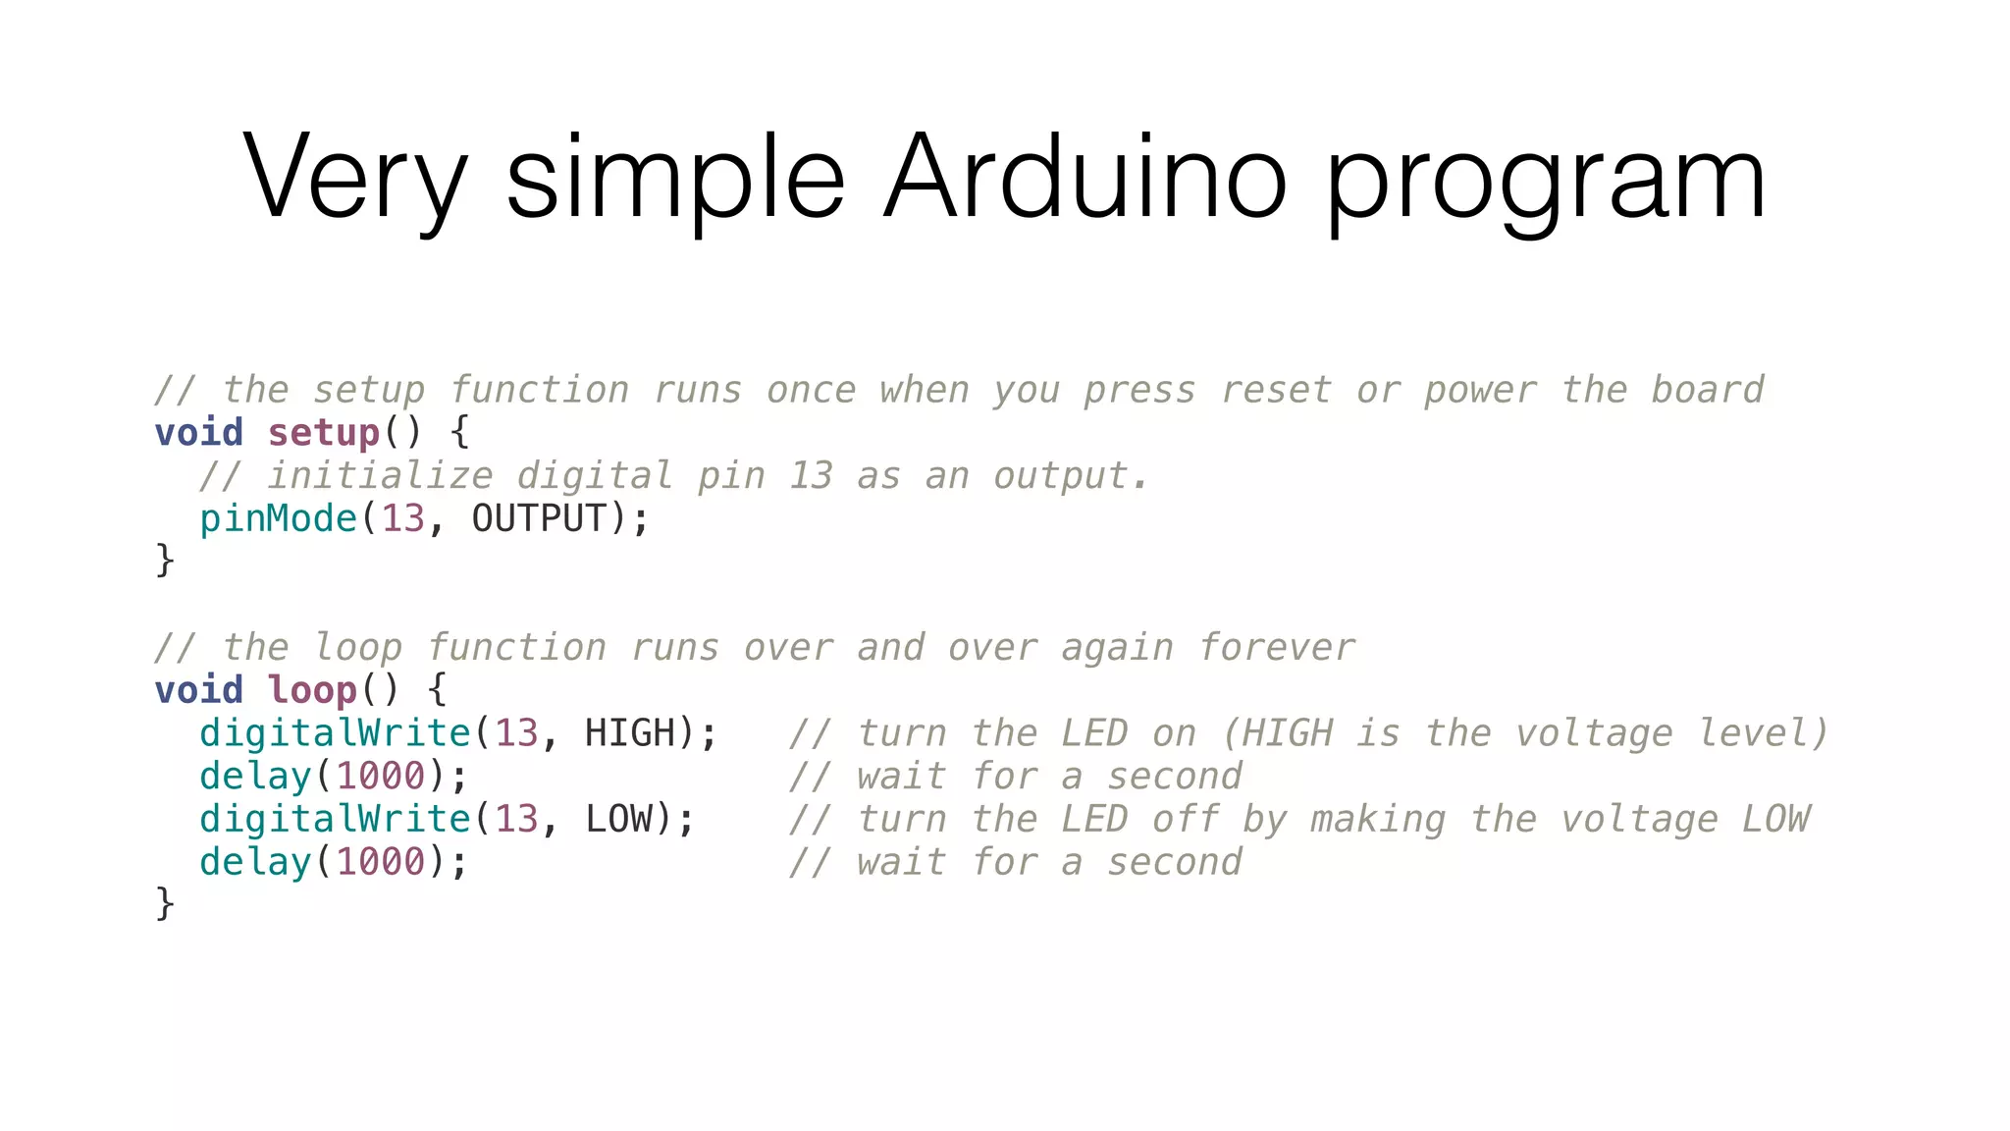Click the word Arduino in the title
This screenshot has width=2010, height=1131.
1084,179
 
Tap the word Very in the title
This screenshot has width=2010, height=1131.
355,179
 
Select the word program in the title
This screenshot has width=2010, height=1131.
1546,183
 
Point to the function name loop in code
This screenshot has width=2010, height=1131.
312,690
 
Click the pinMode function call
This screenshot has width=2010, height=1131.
279,518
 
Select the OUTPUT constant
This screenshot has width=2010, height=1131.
539,518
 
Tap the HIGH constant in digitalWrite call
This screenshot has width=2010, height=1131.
630,733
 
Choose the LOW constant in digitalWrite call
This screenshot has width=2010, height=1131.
618,819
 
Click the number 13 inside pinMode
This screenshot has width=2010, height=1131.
402,518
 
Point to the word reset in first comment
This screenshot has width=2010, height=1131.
1276,390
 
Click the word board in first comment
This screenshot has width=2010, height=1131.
1708,390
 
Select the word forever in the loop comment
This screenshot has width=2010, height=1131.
1277,648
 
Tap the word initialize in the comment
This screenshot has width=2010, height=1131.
380,476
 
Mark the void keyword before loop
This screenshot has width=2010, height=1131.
199,690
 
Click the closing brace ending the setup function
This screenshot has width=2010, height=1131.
165,561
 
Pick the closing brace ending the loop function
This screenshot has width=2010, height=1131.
165,903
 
